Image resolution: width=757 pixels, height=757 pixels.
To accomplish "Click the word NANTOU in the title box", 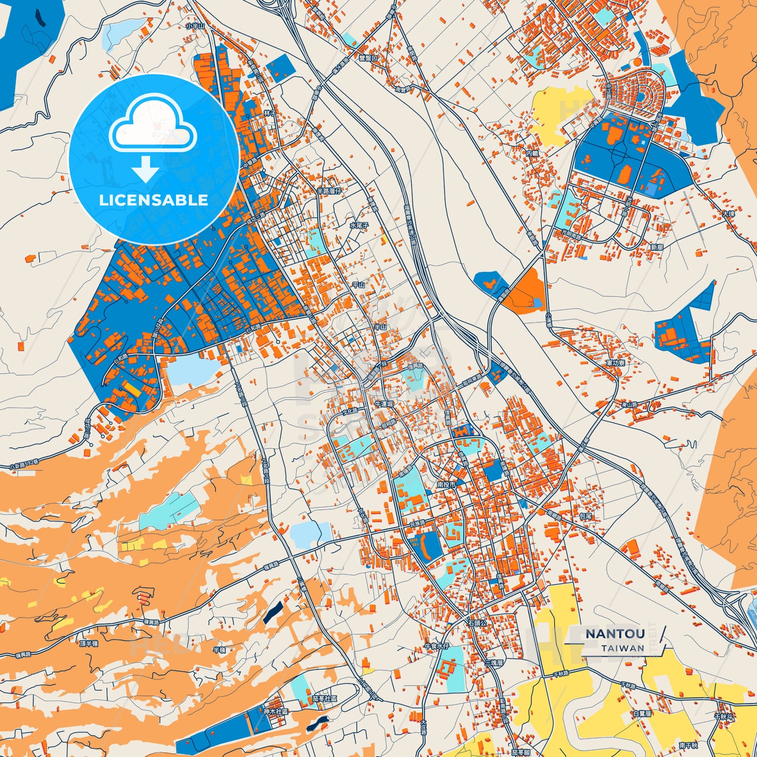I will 615,633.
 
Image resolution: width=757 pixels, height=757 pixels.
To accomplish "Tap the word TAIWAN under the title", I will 622,648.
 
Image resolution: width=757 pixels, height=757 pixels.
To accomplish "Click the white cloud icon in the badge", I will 152,126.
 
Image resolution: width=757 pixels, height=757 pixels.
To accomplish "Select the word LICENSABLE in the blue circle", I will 153,200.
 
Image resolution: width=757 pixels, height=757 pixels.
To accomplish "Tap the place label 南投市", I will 446,485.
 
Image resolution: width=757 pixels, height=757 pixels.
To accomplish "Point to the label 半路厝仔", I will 329,191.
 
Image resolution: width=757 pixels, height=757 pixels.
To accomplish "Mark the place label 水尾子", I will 359,225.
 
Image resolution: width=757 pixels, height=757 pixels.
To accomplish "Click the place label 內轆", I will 532,153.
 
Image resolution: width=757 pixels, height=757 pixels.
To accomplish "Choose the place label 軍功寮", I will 616,363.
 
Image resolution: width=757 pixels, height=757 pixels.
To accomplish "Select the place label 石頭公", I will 477,623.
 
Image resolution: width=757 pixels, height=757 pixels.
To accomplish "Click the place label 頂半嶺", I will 89,643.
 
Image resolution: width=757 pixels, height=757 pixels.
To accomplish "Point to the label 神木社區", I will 276,712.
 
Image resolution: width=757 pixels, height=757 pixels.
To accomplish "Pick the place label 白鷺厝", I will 642,713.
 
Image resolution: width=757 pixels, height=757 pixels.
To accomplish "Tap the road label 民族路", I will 417,523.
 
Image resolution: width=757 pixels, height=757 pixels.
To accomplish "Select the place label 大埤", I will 728,214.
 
